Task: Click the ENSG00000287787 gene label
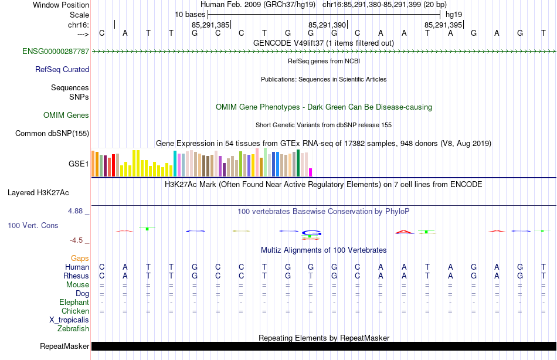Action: [x=56, y=52]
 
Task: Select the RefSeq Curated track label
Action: [x=62, y=69]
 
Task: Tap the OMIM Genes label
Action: [x=66, y=115]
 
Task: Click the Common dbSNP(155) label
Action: [x=52, y=133]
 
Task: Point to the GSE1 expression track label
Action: [x=79, y=164]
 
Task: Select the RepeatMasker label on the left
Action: [x=64, y=347]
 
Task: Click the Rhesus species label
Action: [x=76, y=276]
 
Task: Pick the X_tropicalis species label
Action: [x=69, y=320]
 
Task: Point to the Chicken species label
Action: [x=75, y=311]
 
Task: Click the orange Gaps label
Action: [x=80, y=258]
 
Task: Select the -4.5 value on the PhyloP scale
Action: [x=78, y=240]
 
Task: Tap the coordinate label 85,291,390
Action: [x=327, y=25]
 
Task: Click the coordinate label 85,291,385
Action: [x=210, y=25]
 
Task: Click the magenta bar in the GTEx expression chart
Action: [x=311, y=172]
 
